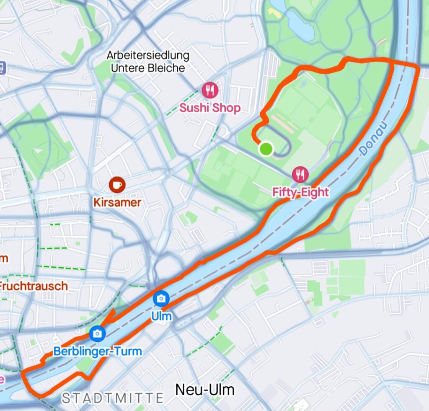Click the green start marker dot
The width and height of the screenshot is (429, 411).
coord(266,149)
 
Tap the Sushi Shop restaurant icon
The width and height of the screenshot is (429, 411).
coord(210,90)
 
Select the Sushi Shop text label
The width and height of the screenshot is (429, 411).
coord(210,108)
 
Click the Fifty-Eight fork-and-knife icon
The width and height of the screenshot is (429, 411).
coord(300,174)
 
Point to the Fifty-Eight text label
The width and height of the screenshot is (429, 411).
coord(300,192)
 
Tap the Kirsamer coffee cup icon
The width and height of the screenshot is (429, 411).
coord(117,184)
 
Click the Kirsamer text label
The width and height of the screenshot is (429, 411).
coord(117,203)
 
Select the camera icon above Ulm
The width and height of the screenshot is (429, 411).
coord(161,298)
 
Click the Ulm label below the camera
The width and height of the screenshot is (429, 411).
coord(161,316)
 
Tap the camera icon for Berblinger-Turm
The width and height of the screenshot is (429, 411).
coord(97,333)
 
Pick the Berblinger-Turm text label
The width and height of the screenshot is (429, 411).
coord(98,352)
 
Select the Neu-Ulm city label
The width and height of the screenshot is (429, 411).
coord(205,390)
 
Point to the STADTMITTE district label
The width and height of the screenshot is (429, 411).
coord(113,398)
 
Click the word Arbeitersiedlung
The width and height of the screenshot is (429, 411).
coord(147,55)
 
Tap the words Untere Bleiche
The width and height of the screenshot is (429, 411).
coord(147,67)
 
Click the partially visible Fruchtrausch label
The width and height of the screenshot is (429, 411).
coord(34,287)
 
